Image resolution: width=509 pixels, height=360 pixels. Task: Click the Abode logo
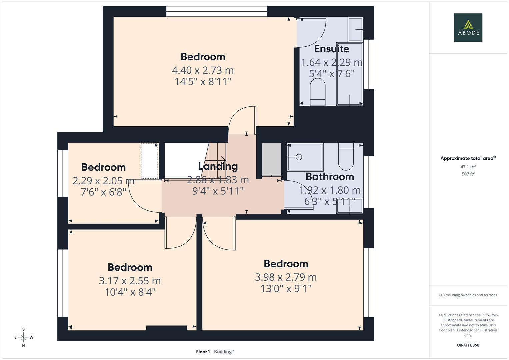tap(468, 27)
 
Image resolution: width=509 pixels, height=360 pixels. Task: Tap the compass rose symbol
tap(23, 337)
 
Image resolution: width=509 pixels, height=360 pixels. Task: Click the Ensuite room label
tap(331, 49)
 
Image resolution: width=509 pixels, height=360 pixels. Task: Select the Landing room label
tap(218, 166)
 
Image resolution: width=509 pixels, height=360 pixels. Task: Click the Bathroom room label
tap(329, 177)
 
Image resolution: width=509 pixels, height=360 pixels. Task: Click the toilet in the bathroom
tap(346, 156)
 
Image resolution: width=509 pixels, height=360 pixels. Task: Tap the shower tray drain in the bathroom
tap(298, 157)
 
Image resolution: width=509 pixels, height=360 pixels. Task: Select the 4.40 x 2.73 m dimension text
tap(203, 70)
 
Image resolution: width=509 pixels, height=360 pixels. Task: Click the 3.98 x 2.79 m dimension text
tap(286, 277)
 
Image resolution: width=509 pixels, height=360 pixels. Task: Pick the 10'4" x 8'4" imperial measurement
tap(130, 292)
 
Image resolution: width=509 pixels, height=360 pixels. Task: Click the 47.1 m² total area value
tap(468, 167)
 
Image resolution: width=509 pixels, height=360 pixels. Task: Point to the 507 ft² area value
tap(468, 174)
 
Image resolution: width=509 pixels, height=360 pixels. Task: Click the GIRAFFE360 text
tap(468, 345)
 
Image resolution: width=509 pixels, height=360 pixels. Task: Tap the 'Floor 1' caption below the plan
tap(203, 352)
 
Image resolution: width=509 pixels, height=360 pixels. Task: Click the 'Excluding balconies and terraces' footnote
tap(468, 295)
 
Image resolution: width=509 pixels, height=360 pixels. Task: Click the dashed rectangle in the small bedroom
tap(149, 161)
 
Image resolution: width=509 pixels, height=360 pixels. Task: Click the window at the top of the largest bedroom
tap(217, 11)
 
